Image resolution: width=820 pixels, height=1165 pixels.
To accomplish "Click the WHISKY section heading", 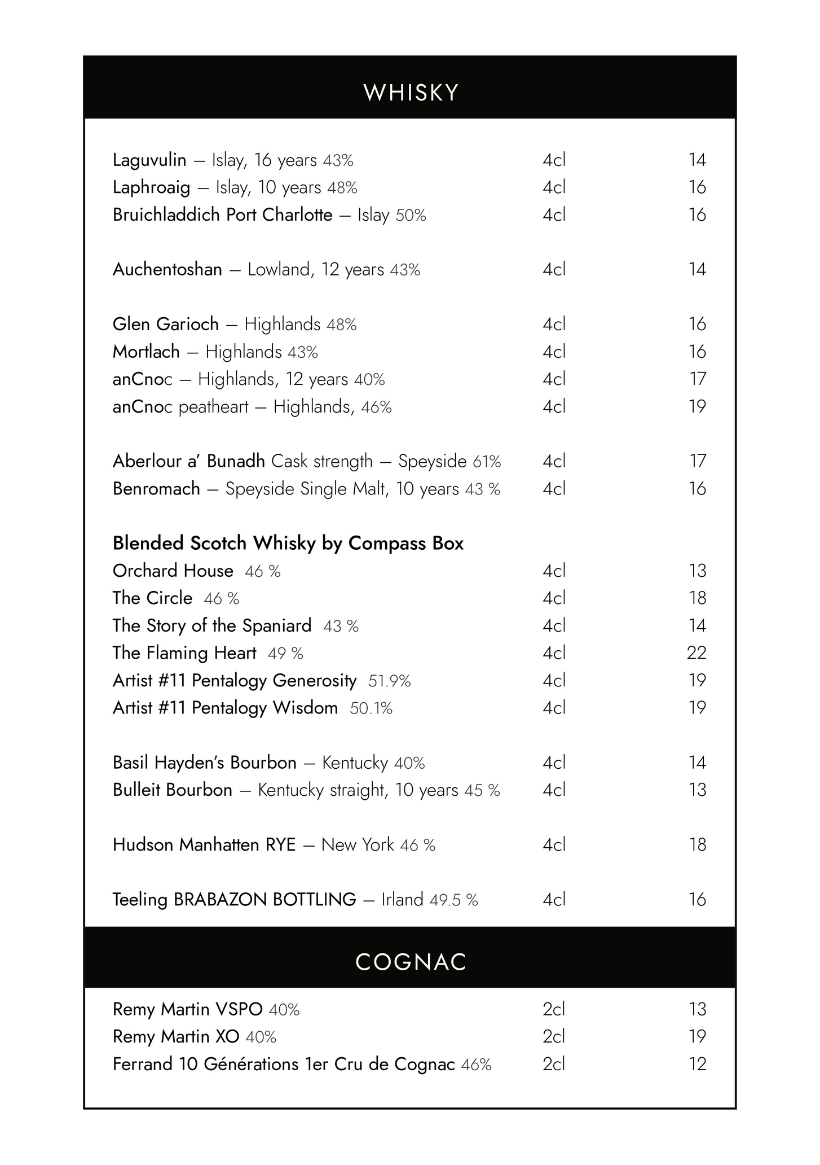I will pos(411,93).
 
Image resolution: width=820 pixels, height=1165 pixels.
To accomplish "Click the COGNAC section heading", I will pos(411,962).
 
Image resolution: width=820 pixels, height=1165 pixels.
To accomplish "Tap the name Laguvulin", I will pos(149,160).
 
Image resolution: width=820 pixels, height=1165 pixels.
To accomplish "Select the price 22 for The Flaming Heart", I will pos(696,653).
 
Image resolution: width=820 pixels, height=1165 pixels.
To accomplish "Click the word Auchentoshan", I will pos(167,270).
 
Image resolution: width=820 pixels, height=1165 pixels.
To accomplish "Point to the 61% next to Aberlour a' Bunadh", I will pos(487,462).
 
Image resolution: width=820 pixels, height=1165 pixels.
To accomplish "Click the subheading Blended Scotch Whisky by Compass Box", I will pos(288,544).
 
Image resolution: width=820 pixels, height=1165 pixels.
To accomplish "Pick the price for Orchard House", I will pos(697,571).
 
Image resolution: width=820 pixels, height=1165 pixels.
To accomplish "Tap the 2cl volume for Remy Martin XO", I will pos(554,1036).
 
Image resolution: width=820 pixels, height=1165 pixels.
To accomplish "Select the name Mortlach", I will pos(146,352).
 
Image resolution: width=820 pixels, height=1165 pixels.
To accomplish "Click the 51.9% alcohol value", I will pos(389,681).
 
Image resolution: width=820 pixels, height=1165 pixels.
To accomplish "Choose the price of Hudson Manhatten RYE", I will pos(697,845).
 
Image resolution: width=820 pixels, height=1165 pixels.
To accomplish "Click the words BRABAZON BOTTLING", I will pos(264,899).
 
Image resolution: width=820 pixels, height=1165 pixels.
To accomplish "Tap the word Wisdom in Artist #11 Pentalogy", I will pos(305,708).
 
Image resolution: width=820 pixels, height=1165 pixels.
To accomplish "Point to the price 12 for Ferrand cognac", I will pos(697,1064).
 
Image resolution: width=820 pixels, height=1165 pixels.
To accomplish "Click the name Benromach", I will pos(156,489).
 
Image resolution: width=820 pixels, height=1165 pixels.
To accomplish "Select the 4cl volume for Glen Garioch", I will pos(554,325).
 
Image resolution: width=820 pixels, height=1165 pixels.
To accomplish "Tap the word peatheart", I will pos(213,407).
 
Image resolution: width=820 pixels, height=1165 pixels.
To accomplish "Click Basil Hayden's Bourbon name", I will pos(204,763).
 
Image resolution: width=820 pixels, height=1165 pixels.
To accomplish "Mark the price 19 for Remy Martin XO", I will pos(697,1036).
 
